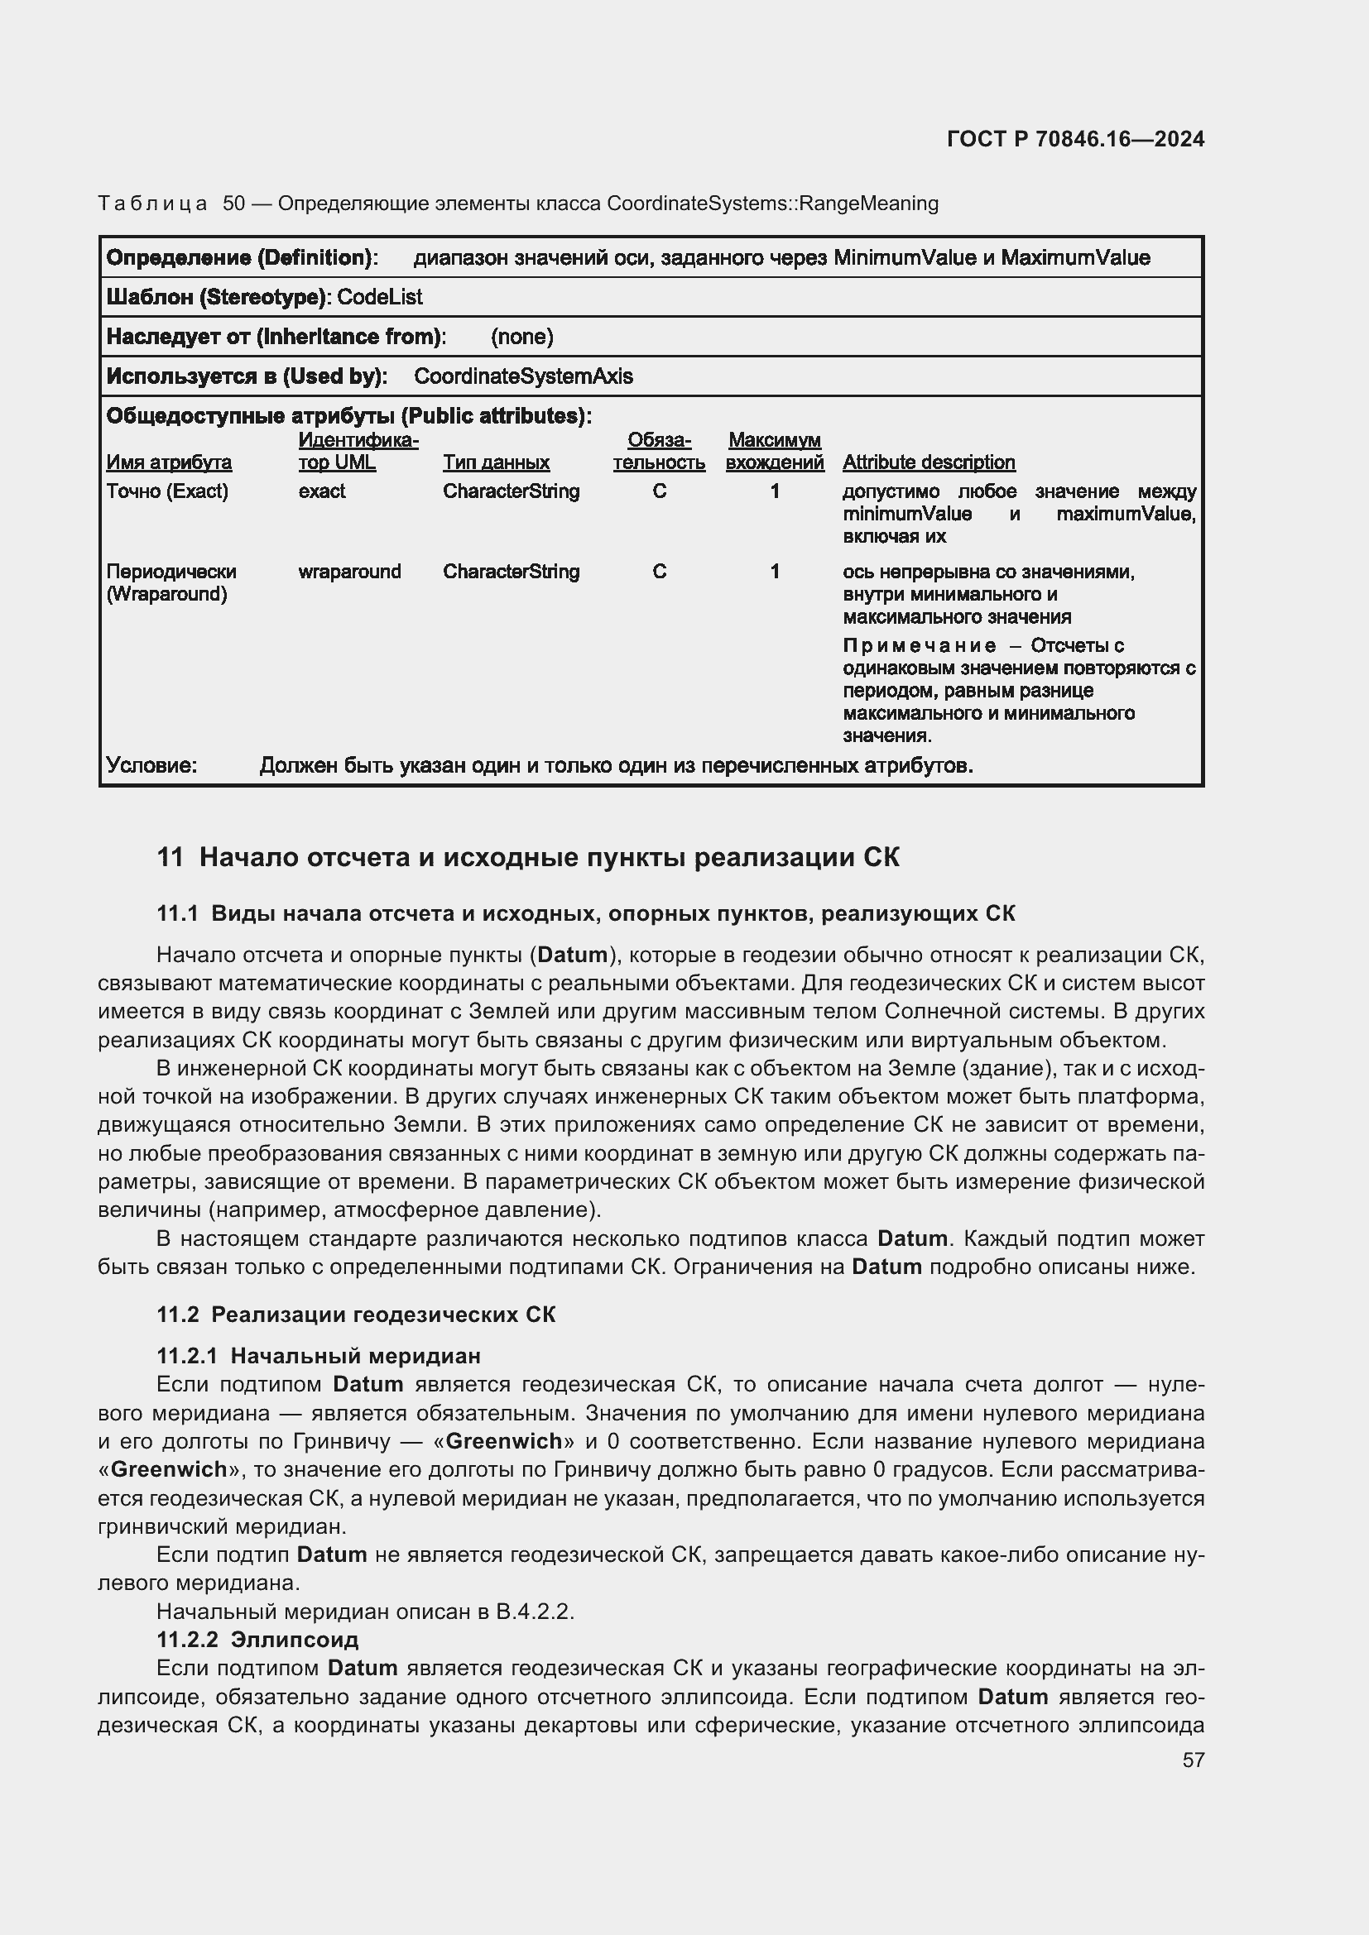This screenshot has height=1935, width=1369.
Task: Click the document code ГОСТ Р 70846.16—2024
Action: tap(1075, 139)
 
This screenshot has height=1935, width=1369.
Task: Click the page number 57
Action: tap(1193, 1760)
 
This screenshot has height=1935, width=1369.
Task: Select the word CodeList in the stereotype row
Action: tap(379, 298)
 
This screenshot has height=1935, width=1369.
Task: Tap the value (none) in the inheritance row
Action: tap(521, 337)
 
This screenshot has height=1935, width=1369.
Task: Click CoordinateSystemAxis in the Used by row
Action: tap(522, 376)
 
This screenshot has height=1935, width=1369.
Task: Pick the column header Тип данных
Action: tap(496, 462)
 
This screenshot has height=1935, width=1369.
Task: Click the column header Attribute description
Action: tap(928, 462)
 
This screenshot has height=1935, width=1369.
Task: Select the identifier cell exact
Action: tap(321, 491)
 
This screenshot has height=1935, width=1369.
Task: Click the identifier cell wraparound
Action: tap(349, 572)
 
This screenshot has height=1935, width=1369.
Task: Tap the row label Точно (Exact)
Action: tap(167, 491)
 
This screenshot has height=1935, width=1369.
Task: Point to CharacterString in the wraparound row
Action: tap(511, 572)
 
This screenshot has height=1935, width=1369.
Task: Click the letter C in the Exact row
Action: tap(659, 491)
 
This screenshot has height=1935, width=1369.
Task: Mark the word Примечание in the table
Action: tap(919, 645)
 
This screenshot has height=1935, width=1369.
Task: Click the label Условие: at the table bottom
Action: tap(151, 765)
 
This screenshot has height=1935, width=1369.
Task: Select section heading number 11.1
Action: tap(177, 913)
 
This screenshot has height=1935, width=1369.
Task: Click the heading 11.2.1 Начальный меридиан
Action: tap(319, 1356)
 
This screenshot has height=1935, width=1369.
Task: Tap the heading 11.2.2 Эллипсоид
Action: tap(257, 1639)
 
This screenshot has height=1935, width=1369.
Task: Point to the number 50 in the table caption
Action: tap(233, 204)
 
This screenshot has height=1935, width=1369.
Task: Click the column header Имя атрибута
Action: tap(169, 462)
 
